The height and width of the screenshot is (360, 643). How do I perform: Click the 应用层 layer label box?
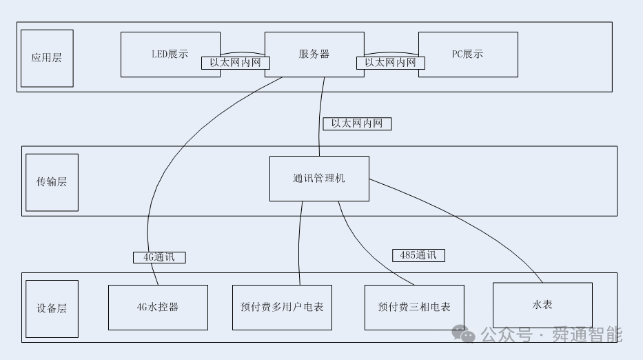(47, 58)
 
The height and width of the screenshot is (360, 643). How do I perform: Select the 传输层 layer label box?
(52, 182)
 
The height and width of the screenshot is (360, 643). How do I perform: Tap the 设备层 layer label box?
(52, 309)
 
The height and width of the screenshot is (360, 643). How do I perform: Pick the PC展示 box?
(468, 54)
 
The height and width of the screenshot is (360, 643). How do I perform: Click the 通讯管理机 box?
(319, 179)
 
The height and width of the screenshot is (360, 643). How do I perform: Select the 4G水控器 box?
(158, 307)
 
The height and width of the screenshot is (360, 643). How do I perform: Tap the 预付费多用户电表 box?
(282, 307)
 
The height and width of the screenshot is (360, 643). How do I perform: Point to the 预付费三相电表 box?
(414, 307)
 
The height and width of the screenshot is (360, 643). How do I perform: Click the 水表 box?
(542, 305)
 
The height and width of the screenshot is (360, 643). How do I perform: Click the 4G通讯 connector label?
(159, 257)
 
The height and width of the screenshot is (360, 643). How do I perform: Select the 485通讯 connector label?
(418, 255)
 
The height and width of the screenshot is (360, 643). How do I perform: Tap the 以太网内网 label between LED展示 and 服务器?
(236, 63)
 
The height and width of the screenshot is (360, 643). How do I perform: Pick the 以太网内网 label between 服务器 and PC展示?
(391, 63)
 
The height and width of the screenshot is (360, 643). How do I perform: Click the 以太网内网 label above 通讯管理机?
(357, 124)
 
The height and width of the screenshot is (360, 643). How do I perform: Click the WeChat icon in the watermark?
(468, 336)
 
